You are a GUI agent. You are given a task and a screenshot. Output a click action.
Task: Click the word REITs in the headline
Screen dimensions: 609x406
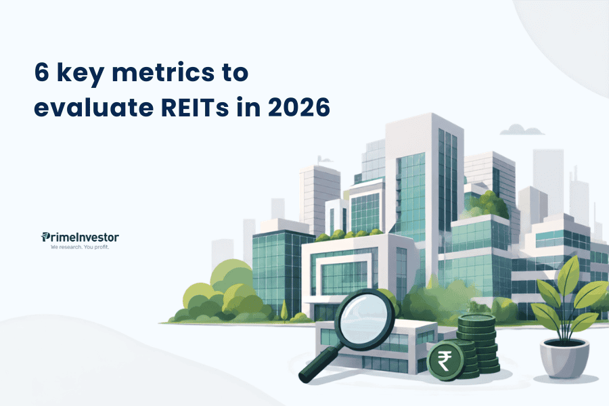click(195, 107)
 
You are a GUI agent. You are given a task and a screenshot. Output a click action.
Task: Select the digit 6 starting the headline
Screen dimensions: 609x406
click(42, 72)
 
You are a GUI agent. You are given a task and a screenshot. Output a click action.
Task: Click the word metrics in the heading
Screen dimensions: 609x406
click(163, 72)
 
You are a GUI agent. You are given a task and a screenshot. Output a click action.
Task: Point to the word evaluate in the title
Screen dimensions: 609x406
click(94, 107)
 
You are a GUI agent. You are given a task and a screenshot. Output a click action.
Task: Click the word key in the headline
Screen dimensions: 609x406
click(81, 74)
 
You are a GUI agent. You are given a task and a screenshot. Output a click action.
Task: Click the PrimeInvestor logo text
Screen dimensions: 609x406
click(80, 237)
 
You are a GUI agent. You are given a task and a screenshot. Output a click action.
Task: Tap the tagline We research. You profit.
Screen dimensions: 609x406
click(80, 247)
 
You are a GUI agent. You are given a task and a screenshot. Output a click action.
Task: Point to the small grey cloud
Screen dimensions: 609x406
click(521, 130)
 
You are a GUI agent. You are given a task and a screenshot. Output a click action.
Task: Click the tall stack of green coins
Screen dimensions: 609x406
click(478, 344)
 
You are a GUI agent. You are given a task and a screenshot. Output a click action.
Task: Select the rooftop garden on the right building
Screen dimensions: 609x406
click(487, 205)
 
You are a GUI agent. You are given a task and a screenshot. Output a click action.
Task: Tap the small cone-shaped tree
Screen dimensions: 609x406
click(284, 311)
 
